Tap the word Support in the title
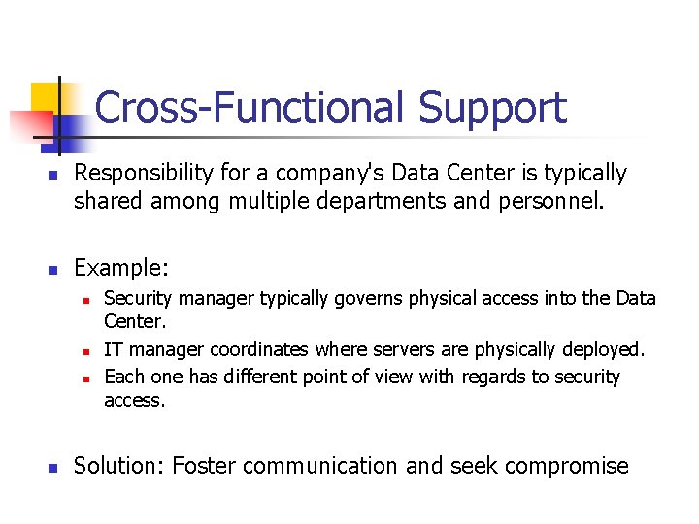(x=492, y=109)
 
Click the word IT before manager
(x=114, y=349)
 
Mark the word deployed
(x=604, y=349)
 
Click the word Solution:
(x=118, y=466)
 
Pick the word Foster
(x=204, y=466)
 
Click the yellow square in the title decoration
(x=46, y=97)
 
